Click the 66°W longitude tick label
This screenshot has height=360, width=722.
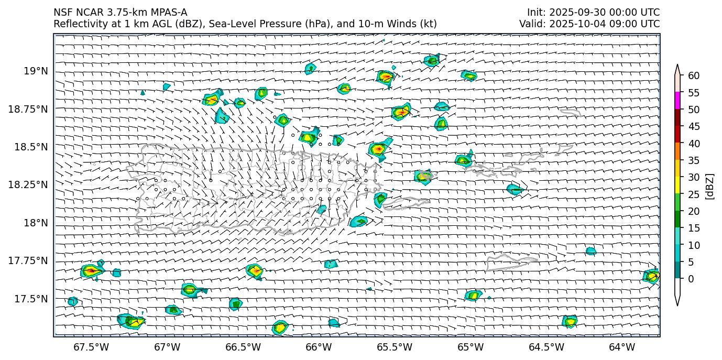pyautogui.click(x=319, y=347)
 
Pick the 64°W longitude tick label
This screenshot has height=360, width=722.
pyautogui.click(x=622, y=347)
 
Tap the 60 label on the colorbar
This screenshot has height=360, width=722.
pyautogui.click(x=694, y=76)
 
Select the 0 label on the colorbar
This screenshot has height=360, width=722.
pyautogui.click(x=691, y=279)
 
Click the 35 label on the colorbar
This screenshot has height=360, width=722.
pyautogui.click(x=694, y=160)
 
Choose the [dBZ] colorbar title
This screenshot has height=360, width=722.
pyautogui.click(x=710, y=186)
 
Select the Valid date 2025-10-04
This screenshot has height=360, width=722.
pyautogui.click(x=577, y=24)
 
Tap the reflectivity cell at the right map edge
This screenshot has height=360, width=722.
pyautogui.click(x=651, y=276)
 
